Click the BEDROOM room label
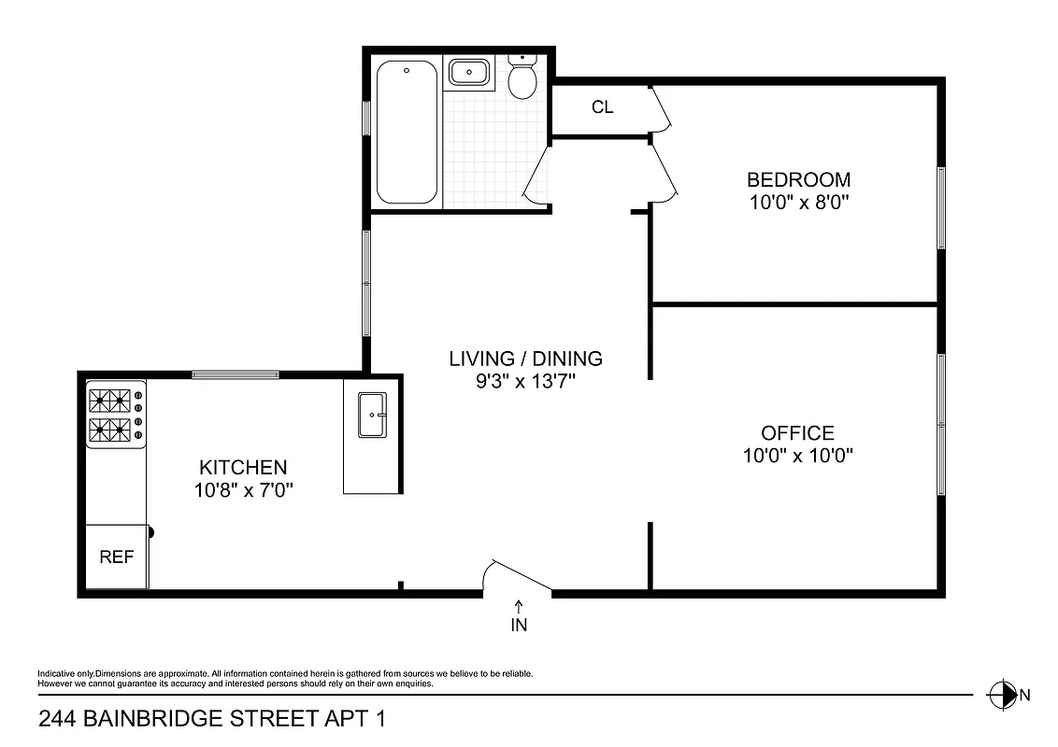coord(797,179)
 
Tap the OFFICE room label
coord(797,433)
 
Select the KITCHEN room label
coord(243,467)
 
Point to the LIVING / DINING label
coord(525,359)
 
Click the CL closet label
coord(602,107)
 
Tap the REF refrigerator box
coord(117,557)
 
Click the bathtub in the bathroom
coord(407,132)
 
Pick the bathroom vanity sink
coord(467,73)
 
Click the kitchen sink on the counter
coord(373,415)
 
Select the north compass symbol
coord(1002,694)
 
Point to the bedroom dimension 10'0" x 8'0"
coord(797,202)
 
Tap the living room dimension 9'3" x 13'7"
coord(525,381)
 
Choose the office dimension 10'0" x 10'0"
coord(797,456)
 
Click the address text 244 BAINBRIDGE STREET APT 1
coord(211,719)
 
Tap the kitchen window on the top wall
coord(235,375)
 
